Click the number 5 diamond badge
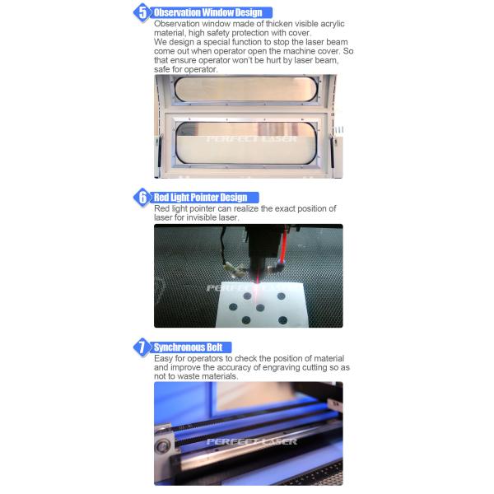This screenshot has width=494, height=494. [142, 12]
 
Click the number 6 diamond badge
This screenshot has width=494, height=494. [142, 198]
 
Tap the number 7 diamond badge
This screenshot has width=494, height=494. [142, 347]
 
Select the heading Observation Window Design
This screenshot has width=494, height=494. [208, 12]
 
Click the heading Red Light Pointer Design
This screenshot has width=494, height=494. [200, 198]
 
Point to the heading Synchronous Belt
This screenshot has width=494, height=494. [188, 347]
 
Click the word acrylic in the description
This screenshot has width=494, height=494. [333, 24]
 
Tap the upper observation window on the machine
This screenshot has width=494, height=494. [245, 89]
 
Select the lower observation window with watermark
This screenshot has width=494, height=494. [246, 143]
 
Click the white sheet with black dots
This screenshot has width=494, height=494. [261, 305]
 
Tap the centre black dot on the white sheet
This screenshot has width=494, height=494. [260, 308]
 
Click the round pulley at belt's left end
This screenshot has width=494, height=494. [162, 446]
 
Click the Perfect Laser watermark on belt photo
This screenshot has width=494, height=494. [251, 441]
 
